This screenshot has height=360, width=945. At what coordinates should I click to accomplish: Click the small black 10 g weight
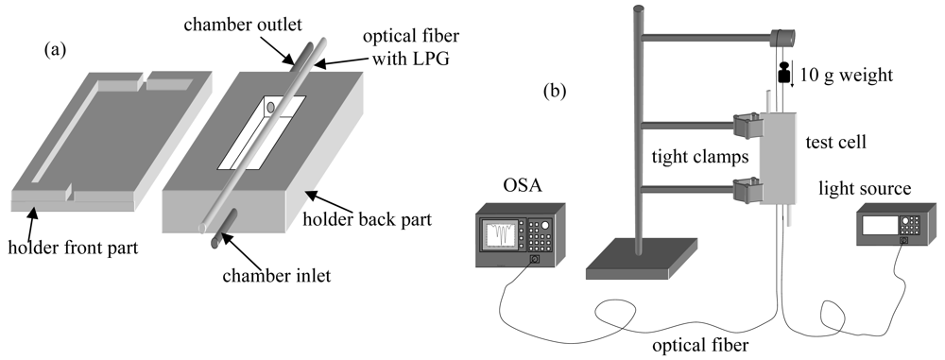click(x=783, y=74)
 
